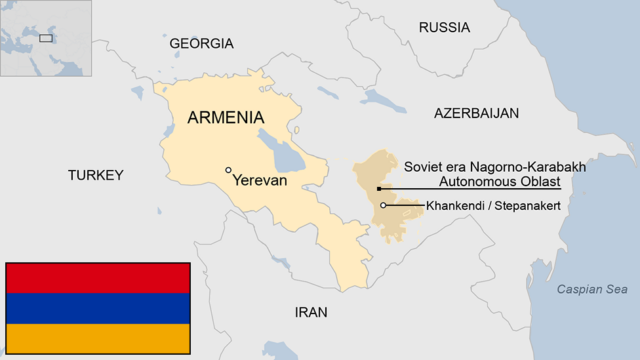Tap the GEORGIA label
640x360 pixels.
[201, 43]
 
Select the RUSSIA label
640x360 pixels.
[444, 27]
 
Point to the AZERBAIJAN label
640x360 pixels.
[476, 113]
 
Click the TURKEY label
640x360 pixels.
[95, 175]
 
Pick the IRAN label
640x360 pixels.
[310, 312]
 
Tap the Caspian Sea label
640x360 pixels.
[593, 290]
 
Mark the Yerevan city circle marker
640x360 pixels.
[229, 170]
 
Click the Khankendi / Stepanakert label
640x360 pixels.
[492, 205]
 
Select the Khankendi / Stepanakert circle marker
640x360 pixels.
[384, 205]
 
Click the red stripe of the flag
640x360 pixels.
[97, 278]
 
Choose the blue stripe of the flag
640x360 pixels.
[97, 308]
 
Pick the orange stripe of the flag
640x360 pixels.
[97, 338]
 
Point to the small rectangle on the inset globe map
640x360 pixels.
[46, 38]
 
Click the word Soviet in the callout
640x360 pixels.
[423, 166]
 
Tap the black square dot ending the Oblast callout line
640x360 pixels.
[378, 188]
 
